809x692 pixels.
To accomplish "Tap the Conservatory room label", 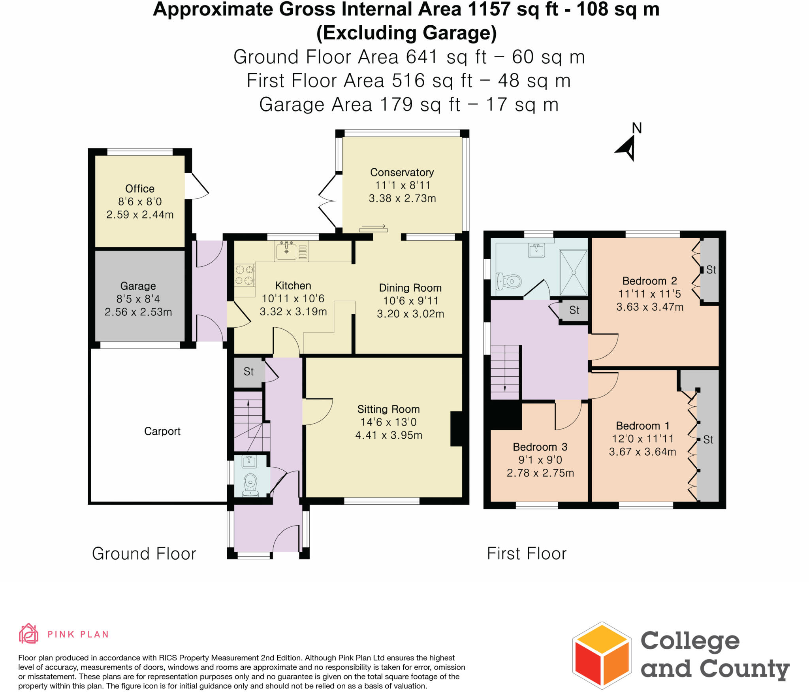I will tap(402, 172).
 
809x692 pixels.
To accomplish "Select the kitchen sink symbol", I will tap(286, 251).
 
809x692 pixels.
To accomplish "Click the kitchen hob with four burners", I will tap(245, 275).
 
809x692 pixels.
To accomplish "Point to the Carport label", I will tap(162, 431).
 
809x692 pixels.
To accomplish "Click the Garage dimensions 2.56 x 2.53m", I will tap(138, 312).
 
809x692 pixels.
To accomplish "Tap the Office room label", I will tap(139, 189).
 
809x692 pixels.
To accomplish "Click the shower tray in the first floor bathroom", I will tap(573, 272).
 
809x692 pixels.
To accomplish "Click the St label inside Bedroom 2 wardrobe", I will tap(711, 270).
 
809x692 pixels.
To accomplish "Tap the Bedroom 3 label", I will tap(540, 447).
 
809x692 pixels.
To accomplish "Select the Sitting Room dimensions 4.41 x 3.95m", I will tap(389, 435).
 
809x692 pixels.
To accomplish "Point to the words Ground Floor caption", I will tap(144, 553).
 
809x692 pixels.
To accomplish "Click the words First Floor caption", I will tap(527, 553).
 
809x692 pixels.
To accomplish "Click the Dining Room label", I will tap(410, 288).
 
